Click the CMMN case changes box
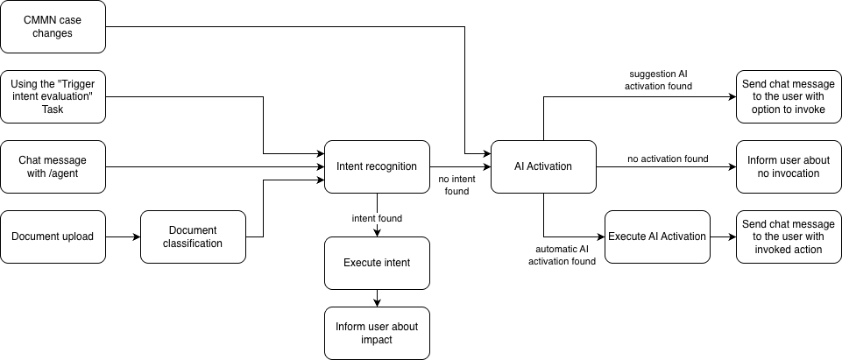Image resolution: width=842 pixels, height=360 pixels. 53,26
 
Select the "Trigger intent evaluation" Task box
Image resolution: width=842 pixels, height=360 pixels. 53,96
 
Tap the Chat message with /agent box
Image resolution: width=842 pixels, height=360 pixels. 53,166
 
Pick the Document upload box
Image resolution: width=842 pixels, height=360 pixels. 53,236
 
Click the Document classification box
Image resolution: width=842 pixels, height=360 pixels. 193,236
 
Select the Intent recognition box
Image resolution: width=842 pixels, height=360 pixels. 377,166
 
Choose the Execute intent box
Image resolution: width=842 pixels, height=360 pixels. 377,263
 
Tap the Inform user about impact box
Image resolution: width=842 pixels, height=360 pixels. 377,333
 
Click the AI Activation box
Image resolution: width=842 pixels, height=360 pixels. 543,166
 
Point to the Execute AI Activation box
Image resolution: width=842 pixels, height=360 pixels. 657,236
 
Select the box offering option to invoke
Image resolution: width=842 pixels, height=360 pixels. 789,96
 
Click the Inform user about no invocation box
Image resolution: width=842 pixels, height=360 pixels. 789,166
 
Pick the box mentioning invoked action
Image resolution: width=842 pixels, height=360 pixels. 789,236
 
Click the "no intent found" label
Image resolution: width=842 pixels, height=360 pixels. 456,184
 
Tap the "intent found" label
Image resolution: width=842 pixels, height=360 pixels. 377,218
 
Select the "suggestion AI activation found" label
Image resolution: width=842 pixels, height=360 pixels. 659,80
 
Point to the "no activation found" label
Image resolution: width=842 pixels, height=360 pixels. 668,159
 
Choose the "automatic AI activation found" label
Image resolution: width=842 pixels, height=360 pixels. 562,255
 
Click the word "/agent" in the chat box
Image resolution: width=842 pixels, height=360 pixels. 67,173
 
